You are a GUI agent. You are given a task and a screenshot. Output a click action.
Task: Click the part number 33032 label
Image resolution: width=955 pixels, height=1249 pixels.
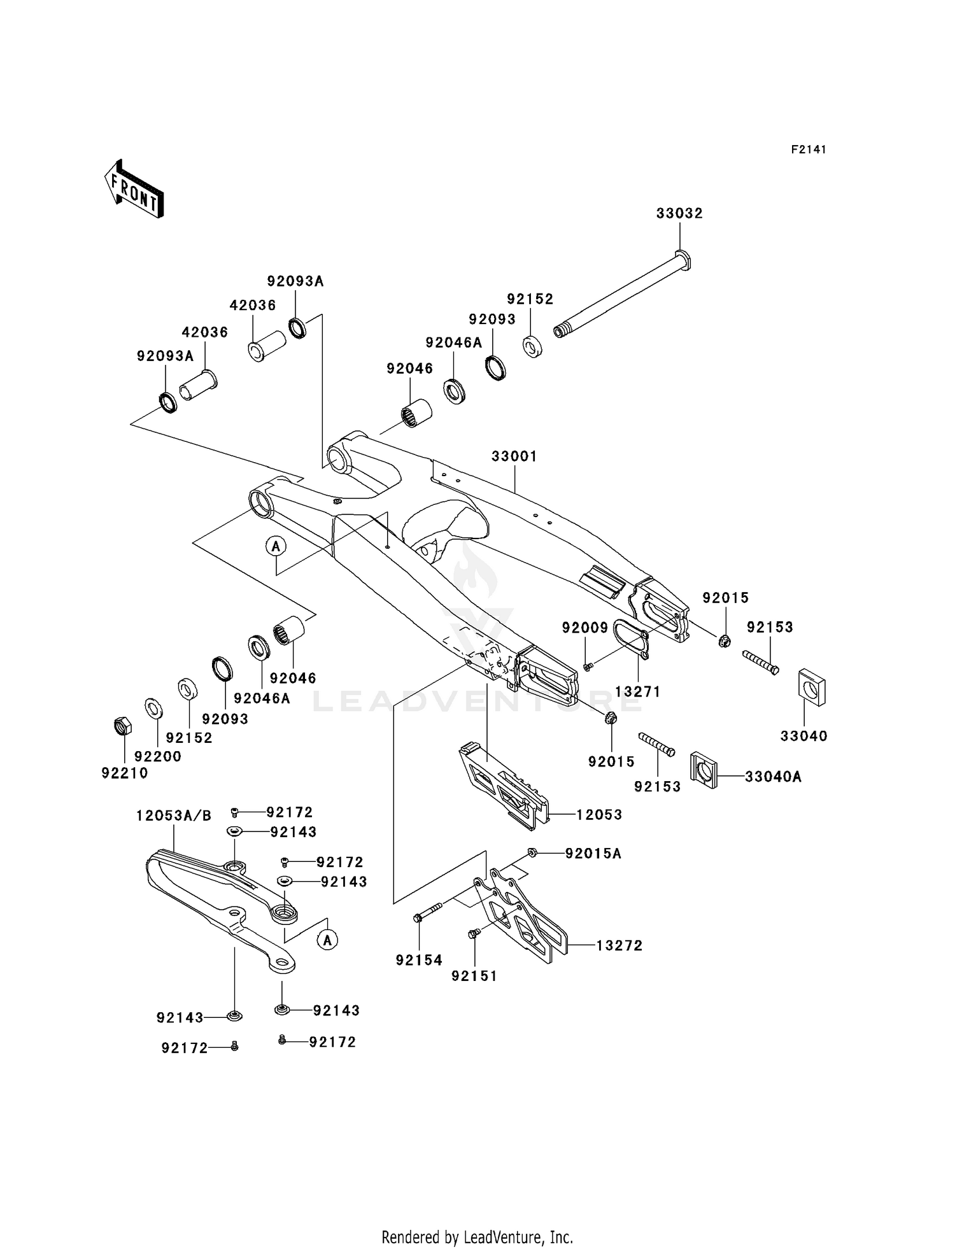click(x=679, y=214)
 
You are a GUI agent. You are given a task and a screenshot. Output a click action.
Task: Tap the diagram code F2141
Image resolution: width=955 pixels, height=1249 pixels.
click(x=809, y=150)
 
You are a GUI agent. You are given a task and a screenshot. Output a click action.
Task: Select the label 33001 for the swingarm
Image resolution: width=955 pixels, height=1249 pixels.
click(x=514, y=456)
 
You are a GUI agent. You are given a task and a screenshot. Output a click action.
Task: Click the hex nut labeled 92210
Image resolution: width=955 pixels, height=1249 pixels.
click(x=122, y=726)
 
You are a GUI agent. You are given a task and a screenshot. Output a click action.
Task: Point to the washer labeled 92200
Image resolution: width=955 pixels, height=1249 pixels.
click(x=153, y=707)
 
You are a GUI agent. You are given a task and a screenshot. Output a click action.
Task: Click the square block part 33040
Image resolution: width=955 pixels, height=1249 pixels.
click(x=811, y=688)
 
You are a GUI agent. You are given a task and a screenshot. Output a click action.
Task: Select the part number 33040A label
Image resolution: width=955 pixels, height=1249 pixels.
click(x=773, y=777)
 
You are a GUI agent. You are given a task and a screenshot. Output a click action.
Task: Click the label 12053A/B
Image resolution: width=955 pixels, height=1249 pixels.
click(x=173, y=816)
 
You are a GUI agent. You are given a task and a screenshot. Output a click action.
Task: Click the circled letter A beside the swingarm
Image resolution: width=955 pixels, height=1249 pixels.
click(x=276, y=546)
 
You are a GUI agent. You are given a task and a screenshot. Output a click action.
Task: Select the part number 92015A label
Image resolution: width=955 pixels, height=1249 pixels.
click(x=593, y=854)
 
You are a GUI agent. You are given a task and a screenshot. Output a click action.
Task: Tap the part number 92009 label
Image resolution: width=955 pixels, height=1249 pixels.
click(x=584, y=628)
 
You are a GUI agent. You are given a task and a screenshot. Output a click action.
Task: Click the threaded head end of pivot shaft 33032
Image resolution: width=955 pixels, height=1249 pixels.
click(x=560, y=331)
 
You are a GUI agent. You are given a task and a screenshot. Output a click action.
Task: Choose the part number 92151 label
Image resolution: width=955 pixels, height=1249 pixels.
click(x=474, y=976)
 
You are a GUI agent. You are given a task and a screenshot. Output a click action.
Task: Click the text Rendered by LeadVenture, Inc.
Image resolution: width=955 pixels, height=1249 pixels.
click(x=477, y=1237)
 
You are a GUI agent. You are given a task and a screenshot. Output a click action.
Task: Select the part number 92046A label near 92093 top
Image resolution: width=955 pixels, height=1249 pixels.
click(x=453, y=342)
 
